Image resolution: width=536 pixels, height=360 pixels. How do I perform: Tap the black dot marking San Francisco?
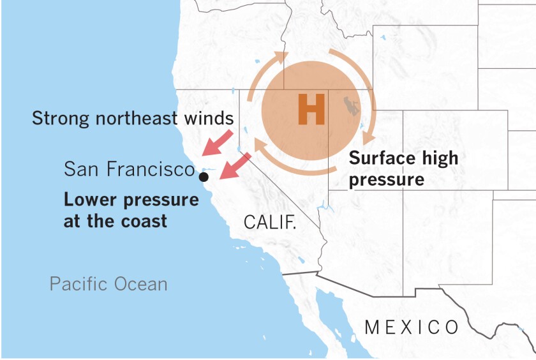[204, 176]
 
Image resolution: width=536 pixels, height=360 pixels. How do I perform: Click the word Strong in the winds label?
[59, 118]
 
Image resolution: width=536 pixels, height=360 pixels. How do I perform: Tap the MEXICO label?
[412, 327]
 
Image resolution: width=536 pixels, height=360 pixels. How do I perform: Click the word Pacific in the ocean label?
[79, 283]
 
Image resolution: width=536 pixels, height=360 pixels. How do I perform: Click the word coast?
[145, 221]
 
